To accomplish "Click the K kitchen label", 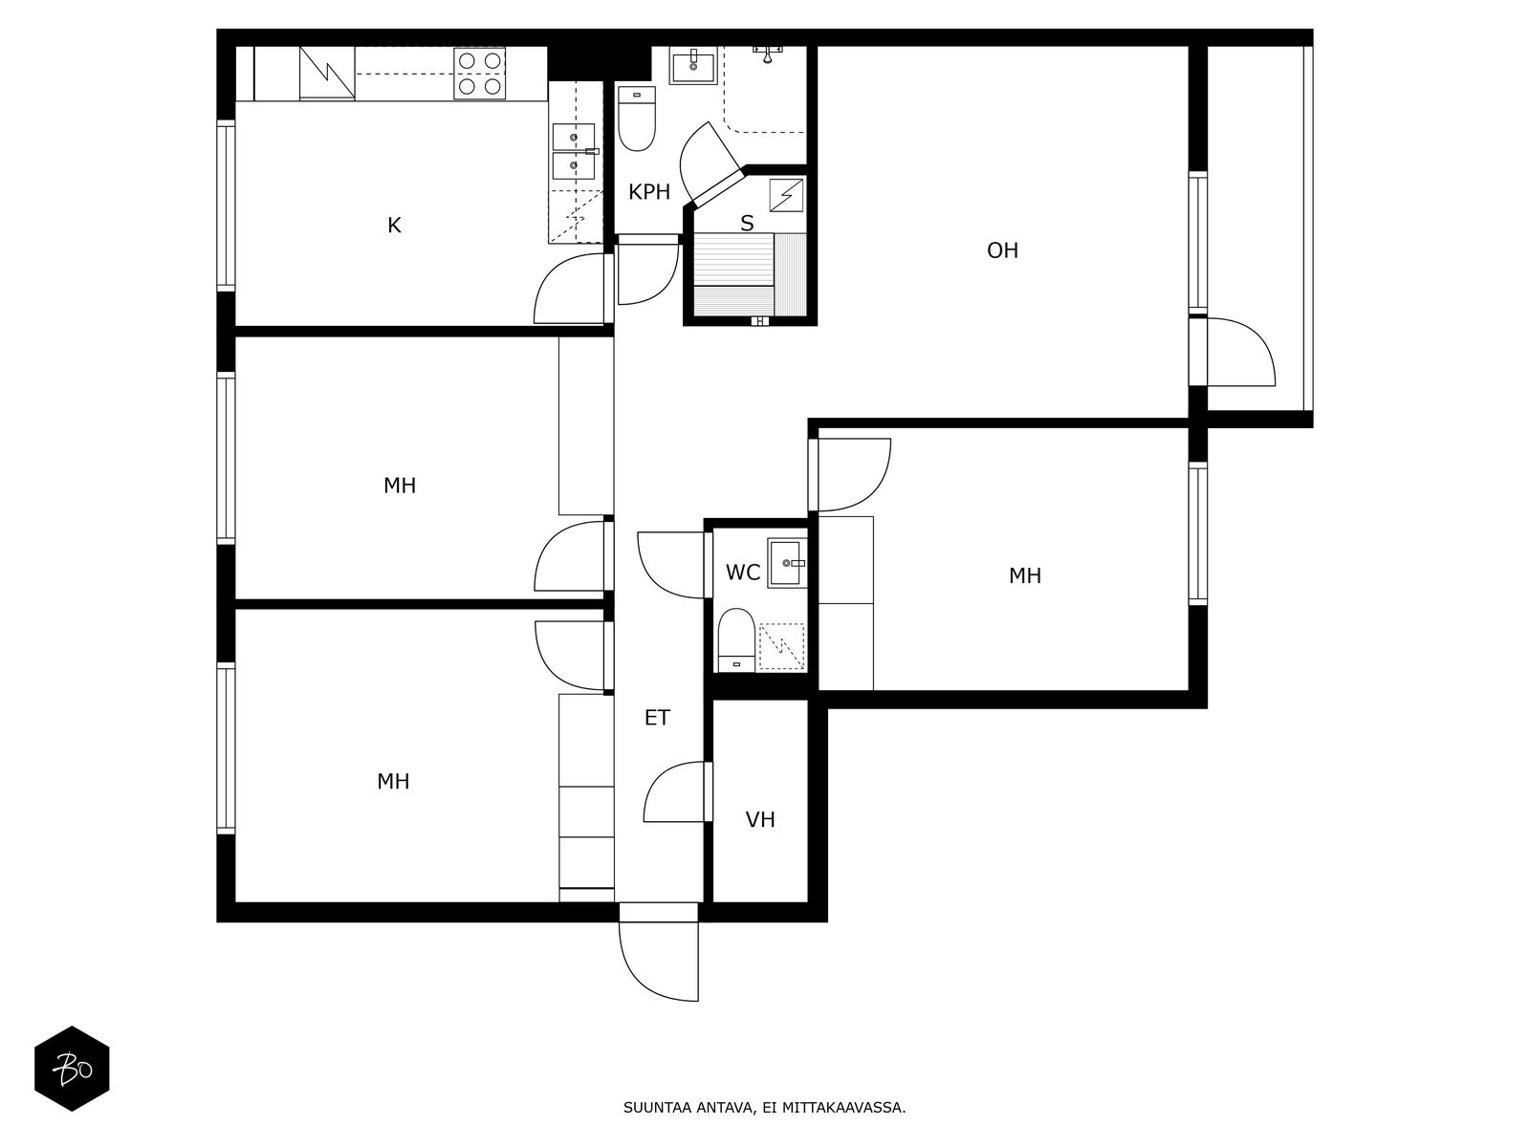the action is (x=394, y=226).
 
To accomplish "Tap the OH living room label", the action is (x=1002, y=250).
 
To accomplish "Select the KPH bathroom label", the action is (x=649, y=192).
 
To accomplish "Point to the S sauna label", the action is (x=747, y=224).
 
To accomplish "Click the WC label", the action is (x=742, y=573).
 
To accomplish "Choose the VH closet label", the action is (x=760, y=820).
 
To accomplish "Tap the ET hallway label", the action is (x=657, y=717).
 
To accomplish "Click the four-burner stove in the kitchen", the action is (x=480, y=74).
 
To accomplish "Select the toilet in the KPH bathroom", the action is (x=637, y=119).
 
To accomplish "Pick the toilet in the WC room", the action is (x=736, y=640).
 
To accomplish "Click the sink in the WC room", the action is (x=787, y=563).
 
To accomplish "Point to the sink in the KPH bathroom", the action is (x=693, y=65).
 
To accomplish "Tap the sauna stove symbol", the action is (x=786, y=195).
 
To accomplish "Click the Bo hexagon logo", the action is (x=72, y=1069).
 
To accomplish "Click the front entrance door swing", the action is (x=659, y=962).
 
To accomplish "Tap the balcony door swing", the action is (x=1241, y=352).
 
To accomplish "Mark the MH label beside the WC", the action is (x=1025, y=576).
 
